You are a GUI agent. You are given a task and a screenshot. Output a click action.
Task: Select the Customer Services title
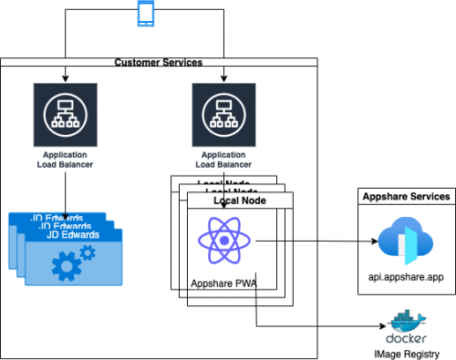click(x=159, y=62)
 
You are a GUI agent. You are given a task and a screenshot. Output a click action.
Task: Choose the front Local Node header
click(x=242, y=200)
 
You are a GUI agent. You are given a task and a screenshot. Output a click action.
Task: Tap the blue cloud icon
click(x=402, y=242)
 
